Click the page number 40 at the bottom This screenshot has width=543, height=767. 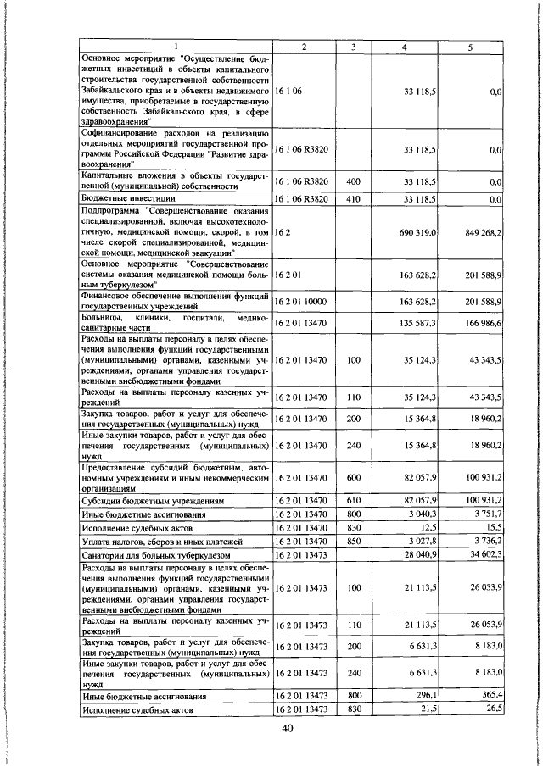coord(288,732)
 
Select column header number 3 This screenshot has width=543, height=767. coord(351,46)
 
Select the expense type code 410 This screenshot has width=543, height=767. coord(351,198)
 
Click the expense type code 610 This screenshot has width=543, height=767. coord(351,501)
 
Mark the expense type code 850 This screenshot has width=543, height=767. coord(351,540)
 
